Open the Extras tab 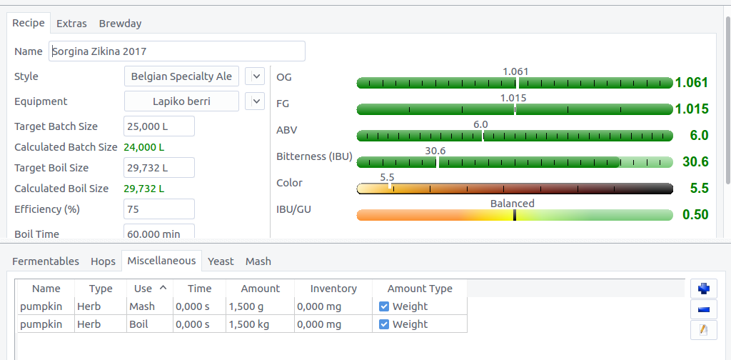(x=71, y=24)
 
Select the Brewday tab (x=120, y=24)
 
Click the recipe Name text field (x=177, y=51)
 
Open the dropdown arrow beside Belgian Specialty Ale (x=255, y=76)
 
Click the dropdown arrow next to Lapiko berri (x=255, y=101)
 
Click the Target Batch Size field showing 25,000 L (x=158, y=126)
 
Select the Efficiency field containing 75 (x=158, y=209)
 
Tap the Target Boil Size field (x=158, y=168)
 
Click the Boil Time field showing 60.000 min (x=158, y=233)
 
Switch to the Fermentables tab (x=46, y=261)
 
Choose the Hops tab (x=103, y=261)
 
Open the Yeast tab (x=221, y=261)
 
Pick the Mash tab (x=258, y=261)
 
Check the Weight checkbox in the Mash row (x=384, y=306)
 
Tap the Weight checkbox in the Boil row (x=384, y=324)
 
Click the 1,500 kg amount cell (x=259, y=324)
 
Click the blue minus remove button (x=704, y=309)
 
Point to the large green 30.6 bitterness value (x=695, y=162)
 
